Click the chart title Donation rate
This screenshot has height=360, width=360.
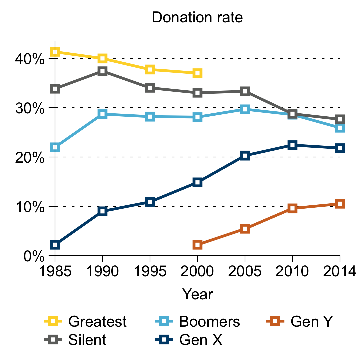(x=197, y=18)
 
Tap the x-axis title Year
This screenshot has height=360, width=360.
(x=197, y=294)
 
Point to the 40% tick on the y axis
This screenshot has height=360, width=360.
(x=30, y=59)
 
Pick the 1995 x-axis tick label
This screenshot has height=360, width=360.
(x=150, y=272)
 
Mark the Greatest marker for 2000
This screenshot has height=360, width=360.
(x=197, y=73)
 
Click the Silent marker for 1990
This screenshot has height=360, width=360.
(x=102, y=71)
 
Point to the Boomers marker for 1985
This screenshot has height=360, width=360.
(x=55, y=147)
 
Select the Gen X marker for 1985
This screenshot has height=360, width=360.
(x=55, y=245)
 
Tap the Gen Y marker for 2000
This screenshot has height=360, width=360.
(x=197, y=245)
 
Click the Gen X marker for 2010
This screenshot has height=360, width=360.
(x=292, y=145)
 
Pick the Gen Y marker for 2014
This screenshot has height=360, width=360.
(x=340, y=204)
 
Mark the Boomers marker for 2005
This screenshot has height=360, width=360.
(x=245, y=109)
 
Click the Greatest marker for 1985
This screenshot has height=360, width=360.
(x=55, y=52)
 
